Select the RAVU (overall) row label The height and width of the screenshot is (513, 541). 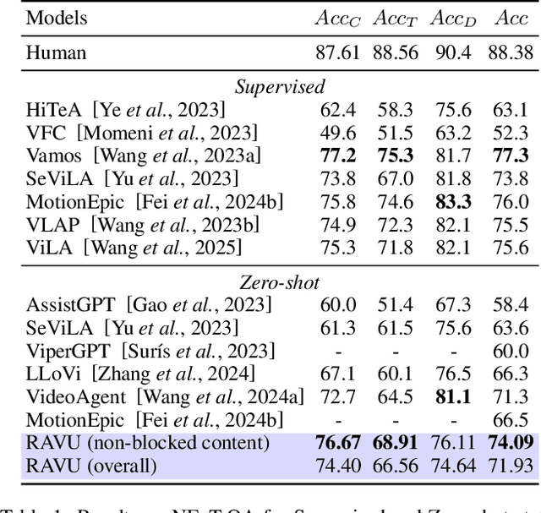(91, 464)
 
